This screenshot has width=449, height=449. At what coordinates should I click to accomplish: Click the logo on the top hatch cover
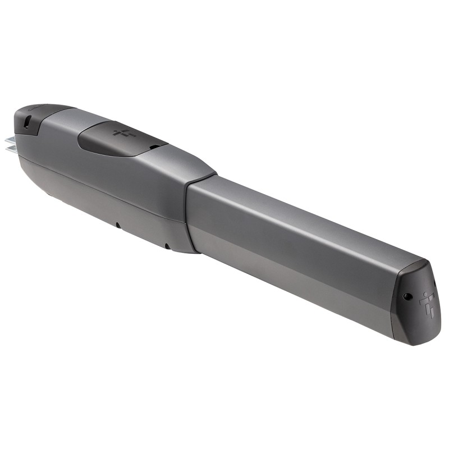120,134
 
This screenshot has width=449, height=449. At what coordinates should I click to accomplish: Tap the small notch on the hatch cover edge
152,148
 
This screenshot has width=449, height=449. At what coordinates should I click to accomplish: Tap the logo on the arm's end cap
428,304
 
